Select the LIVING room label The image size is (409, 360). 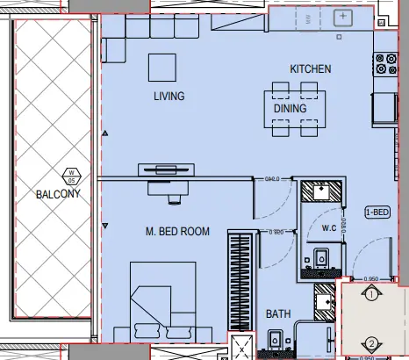169,96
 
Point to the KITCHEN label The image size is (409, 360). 311,68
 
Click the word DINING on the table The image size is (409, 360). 290,109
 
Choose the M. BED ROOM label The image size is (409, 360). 178,232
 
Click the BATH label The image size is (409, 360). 279,313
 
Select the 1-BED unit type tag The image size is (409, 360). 378,213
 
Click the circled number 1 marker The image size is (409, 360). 371,295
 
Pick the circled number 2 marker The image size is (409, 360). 371,343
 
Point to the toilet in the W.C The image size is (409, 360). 321,258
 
